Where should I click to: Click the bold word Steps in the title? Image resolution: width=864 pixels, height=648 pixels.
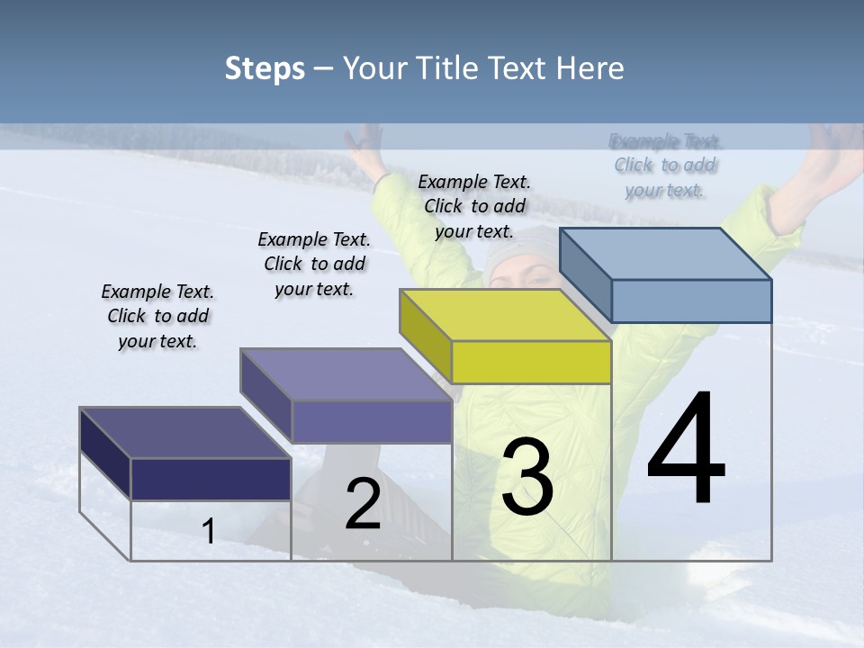(x=265, y=68)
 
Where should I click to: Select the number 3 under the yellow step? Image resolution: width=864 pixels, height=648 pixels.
(x=526, y=476)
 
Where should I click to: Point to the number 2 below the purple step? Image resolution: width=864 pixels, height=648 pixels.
(x=363, y=504)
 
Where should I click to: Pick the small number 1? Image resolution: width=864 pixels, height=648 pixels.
(x=209, y=531)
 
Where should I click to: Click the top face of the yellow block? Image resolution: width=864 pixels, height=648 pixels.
(x=504, y=315)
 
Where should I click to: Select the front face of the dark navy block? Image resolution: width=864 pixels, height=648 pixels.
(x=211, y=479)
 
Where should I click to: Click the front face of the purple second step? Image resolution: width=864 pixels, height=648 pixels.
(x=372, y=421)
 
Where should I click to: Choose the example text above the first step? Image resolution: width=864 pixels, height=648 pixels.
(x=157, y=316)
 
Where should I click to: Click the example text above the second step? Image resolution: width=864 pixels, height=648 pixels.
(x=314, y=264)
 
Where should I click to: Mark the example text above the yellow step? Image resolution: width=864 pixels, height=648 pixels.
(x=474, y=206)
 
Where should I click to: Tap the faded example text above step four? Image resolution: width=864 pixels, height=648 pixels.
(x=665, y=165)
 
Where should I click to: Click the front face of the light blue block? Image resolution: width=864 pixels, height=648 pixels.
(x=691, y=301)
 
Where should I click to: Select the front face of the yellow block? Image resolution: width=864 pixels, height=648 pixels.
(x=531, y=362)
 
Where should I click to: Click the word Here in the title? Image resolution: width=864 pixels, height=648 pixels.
(x=590, y=68)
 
